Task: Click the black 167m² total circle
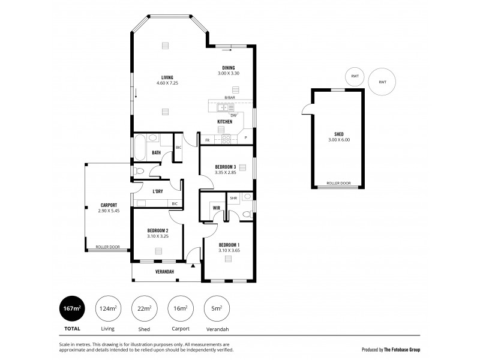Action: pyautogui.click(x=71, y=309)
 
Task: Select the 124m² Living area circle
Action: pyautogui.click(x=108, y=309)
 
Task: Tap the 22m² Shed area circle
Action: pyautogui.click(x=144, y=309)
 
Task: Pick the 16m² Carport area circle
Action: pyautogui.click(x=181, y=309)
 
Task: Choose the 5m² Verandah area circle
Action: pyautogui.click(x=217, y=309)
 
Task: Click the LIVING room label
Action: pyautogui.click(x=167, y=76)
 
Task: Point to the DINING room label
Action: pyautogui.click(x=228, y=68)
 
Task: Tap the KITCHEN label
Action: pyautogui.click(x=224, y=122)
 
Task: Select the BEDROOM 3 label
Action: pyautogui.click(x=227, y=167)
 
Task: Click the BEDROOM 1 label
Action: pyautogui.click(x=229, y=244)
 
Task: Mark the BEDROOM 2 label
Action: pyautogui.click(x=157, y=230)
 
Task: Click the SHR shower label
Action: pyautogui.click(x=233, y=197)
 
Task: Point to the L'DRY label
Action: pyautogui.click(x=158, y=191)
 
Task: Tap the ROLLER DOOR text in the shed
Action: pyautogui.click(x=338, y=183)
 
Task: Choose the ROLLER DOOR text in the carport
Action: pyautogui.click(x=108, y=247)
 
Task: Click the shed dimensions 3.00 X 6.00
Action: pyautogui.click(x=338, y=139)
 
